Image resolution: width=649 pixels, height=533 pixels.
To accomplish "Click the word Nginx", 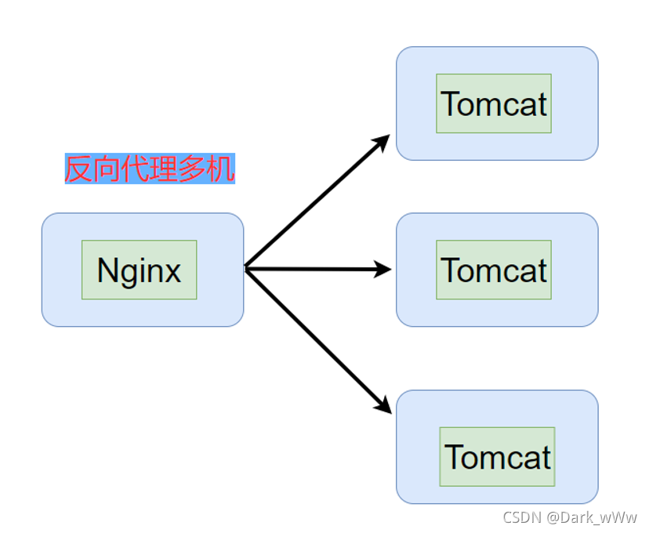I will [x=139, y=270].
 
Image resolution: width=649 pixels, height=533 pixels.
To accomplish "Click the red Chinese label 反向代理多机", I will [x=149, y=169].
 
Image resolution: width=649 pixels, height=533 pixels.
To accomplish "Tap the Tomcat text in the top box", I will [x=494, y=104].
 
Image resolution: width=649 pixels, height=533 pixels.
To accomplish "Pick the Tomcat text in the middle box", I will [x=494, y=270].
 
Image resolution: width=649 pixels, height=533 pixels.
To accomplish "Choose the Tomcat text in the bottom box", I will [x=498, y=457].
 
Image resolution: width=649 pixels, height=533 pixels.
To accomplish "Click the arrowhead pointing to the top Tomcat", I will [x=383, y=141].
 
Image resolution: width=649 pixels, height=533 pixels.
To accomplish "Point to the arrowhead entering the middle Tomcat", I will [x=383, y=270].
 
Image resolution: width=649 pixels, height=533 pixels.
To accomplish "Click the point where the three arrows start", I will [x=246, y=269].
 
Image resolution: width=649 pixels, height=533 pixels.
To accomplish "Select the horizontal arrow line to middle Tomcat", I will [x=314, y=270].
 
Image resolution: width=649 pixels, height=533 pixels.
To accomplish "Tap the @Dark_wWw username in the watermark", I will [x=592, y=518].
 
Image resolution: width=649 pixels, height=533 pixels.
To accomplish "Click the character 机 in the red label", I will [x=220, y=169].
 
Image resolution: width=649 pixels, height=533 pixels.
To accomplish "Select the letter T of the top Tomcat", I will [x=450, y=104].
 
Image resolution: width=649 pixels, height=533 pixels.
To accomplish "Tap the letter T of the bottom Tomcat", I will [x=454, y=457].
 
